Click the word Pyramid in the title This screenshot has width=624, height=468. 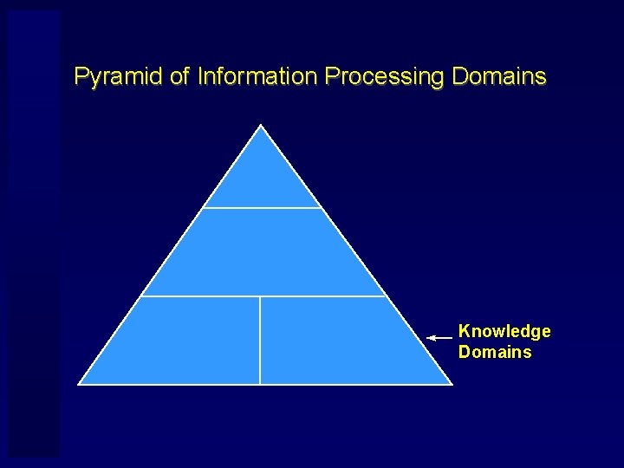pos(119,77)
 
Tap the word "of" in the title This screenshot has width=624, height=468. pos(179,76)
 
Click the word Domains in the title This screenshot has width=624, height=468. pos(499,76)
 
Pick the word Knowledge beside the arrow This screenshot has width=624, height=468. pos(504,331)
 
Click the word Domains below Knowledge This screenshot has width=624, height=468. pos(495,352)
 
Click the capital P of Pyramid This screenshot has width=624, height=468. pos(81,76)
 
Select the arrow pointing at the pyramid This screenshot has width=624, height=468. pos(439,336)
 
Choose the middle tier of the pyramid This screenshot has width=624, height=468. pos(263,252)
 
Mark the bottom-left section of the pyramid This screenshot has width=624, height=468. pos(182,342)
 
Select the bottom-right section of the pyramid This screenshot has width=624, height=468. pos(338,342)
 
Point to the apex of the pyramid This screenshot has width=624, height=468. pos(262,126)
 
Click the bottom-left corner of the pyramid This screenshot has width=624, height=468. pos(80,383)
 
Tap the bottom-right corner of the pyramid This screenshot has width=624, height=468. pos(451,383)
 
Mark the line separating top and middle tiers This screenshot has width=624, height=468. pos(262,208)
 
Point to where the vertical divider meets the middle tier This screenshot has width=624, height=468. pos(260,296)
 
